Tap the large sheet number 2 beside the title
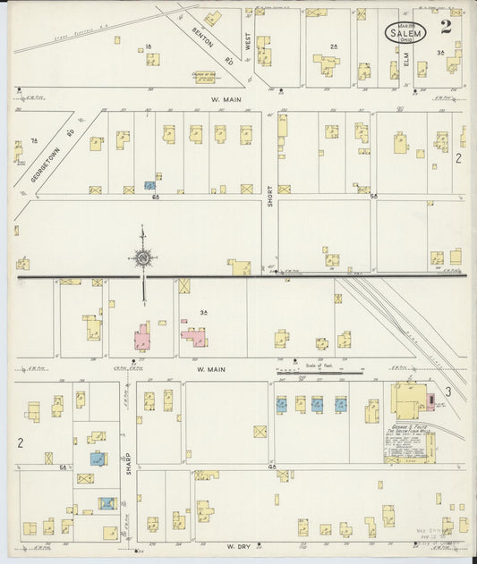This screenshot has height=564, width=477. point(446,27)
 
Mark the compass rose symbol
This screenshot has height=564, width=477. point(142,259)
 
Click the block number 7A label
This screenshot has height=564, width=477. point(35,140)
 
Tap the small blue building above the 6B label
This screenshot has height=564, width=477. point(150,186)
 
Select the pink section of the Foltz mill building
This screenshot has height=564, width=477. point(430,399)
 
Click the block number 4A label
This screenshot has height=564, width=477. point(271,467)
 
